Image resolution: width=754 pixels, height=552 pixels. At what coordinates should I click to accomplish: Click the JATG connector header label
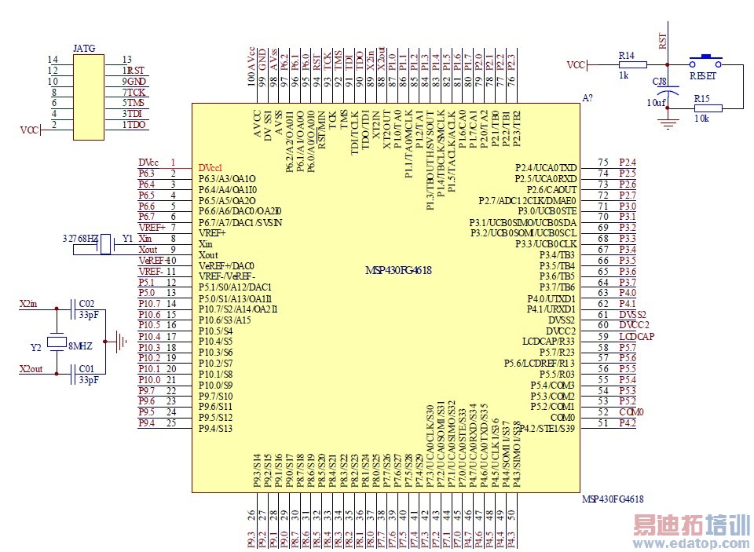coord(83,48)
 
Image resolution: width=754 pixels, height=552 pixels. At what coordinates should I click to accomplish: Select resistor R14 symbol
coord(627,65)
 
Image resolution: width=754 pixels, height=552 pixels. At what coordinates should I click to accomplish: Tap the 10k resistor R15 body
coord(703,108)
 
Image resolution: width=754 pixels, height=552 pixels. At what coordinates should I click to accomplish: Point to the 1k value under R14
coord(624,76)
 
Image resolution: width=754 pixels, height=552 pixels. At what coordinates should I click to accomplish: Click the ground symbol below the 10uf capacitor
coord(668,123)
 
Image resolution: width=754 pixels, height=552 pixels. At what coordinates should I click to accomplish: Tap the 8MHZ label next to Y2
coord(81,345)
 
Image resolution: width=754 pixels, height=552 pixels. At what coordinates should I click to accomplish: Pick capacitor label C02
coord(86,303)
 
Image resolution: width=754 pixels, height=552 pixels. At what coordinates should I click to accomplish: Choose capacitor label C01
coord(86,368)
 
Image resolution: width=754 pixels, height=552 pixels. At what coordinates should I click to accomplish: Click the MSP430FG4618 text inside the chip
coord(398,271)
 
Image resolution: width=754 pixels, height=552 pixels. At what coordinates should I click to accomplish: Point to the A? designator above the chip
coord(587,98)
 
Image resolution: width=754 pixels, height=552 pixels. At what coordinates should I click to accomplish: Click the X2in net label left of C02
coord(29,303)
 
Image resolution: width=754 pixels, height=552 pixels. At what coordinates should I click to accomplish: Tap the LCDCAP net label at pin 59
coord(636,336)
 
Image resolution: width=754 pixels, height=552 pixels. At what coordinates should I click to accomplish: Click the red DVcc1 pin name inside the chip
coord(210,167)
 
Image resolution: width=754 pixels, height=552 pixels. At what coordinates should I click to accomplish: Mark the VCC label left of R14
coord(576,65)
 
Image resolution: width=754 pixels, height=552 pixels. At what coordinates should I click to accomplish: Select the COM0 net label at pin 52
coord(631,412)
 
